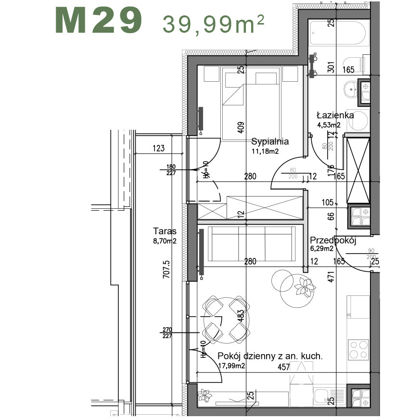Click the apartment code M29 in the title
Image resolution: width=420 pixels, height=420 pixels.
(x=99, y=21)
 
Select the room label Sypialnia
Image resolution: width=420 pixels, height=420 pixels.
(x=270, y=141)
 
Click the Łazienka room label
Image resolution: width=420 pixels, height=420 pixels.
(x=335, y=115)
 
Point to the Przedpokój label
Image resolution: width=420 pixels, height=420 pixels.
(x=332, y=241)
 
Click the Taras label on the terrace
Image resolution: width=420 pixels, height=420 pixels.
(x=165, y=231)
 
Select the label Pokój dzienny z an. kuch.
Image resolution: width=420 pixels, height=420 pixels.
(x=270, y=356)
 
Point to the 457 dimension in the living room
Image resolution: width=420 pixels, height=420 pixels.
(x=283, y=368)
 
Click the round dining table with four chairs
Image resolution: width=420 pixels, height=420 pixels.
(x=225, y=318)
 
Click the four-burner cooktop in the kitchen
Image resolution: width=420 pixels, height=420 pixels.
(x=358, y=350)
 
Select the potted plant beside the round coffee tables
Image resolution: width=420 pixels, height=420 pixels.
(x=305, y=286)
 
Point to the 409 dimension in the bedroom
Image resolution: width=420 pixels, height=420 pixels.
(x=241, y=127)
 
